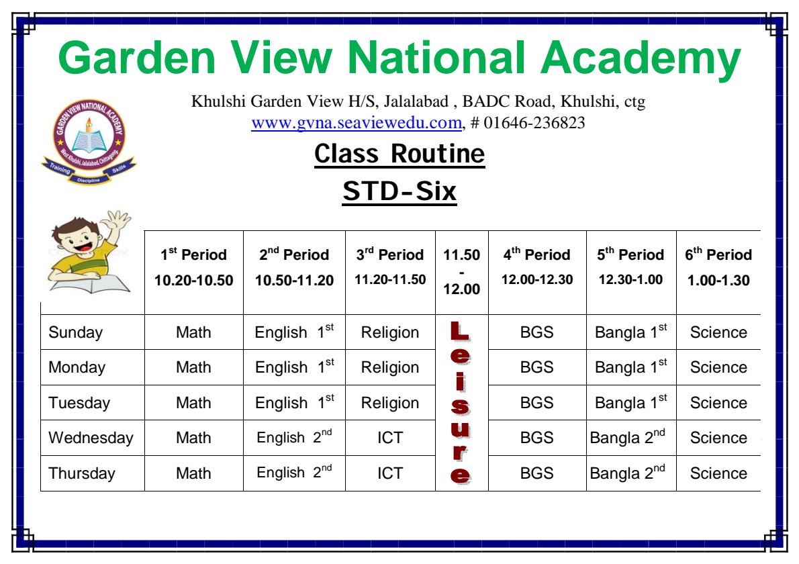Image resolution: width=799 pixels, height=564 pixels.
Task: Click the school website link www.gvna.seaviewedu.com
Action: click(356, 123)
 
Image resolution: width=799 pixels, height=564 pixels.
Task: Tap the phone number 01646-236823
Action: click(534, 123)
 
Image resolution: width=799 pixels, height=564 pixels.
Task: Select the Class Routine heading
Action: click(399, 153)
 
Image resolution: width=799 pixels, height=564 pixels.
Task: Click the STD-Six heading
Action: click(399, 191)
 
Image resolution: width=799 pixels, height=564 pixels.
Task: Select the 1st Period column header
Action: click(193, 267)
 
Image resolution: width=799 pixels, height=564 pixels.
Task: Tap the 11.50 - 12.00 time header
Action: click(462, 271)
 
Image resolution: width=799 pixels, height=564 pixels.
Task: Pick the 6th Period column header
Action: click(718, 267)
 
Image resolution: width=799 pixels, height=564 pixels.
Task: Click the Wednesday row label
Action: click(91, 438)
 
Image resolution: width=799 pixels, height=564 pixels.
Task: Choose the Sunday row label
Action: click(75, 332)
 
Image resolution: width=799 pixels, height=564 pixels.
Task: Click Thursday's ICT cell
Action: click(390, 473)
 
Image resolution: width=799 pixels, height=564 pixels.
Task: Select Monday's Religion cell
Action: click(390, 367)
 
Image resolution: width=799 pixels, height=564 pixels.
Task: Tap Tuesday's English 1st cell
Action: click(295, 402)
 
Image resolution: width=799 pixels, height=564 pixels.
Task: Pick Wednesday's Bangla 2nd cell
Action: click(628, 437)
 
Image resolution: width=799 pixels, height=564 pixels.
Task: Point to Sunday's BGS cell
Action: click(536, 332)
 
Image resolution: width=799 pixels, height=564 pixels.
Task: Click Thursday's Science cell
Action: click(718, 473)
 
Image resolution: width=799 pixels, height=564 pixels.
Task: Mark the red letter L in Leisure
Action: click(460, 332)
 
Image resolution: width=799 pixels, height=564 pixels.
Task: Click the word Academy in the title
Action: click(641, 58)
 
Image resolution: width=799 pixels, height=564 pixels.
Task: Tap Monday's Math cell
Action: click(193, 367)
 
